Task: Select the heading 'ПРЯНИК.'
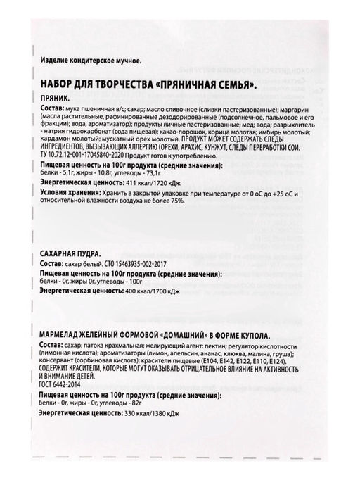58,100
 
